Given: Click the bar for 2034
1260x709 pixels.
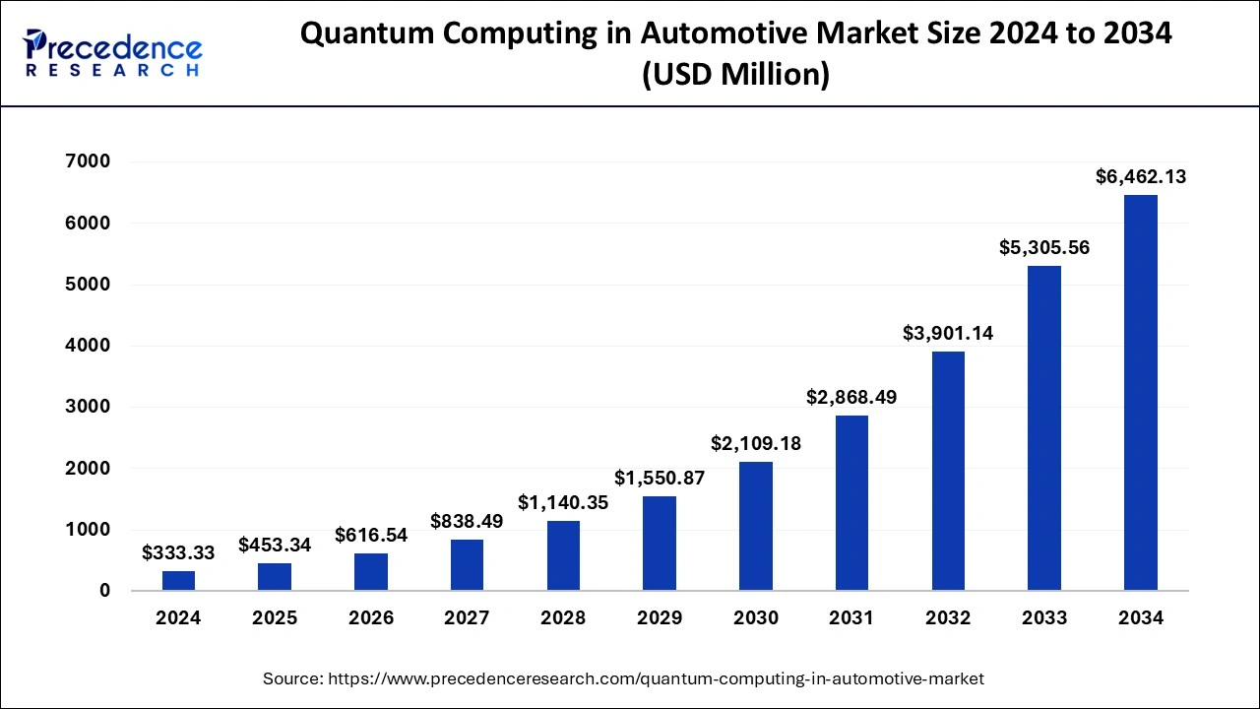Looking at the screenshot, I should tap(1141, 393).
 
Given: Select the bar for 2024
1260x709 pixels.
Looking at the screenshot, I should tap(178, 580).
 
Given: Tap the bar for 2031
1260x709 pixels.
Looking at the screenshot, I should tap(851, 502).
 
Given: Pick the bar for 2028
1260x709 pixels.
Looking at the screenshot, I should tap(563, 555).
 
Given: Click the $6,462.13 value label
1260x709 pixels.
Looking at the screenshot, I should tap(1141, 177).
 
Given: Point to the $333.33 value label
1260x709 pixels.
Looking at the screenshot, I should tap(178, 552).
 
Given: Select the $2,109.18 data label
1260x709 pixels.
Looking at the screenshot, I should tap(756, 444).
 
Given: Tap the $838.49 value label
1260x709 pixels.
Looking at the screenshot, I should tap(467, 521).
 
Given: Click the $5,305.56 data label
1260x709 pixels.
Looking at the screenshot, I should tap(1044, 247).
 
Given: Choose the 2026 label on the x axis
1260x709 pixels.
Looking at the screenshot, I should tap(371, 618).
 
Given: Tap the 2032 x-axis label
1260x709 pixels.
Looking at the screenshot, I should tap(948, 618).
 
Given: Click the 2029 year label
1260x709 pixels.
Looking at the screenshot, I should tap(660, 618).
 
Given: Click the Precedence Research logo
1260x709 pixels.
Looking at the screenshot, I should tap(113, 54).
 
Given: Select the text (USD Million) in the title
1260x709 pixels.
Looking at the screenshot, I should tap(735, 75).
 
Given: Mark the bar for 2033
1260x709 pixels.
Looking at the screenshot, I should tap(1044, 428).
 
